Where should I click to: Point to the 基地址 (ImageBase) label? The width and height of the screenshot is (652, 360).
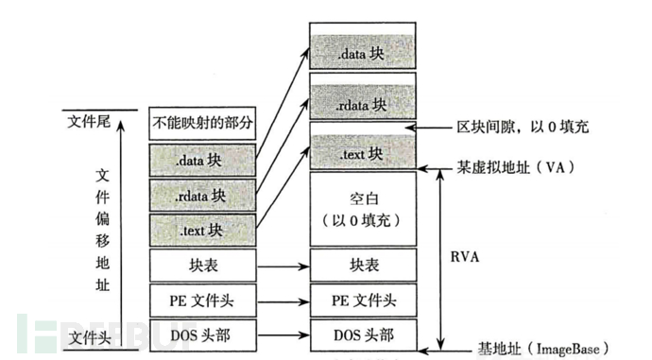tap(540, 349)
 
